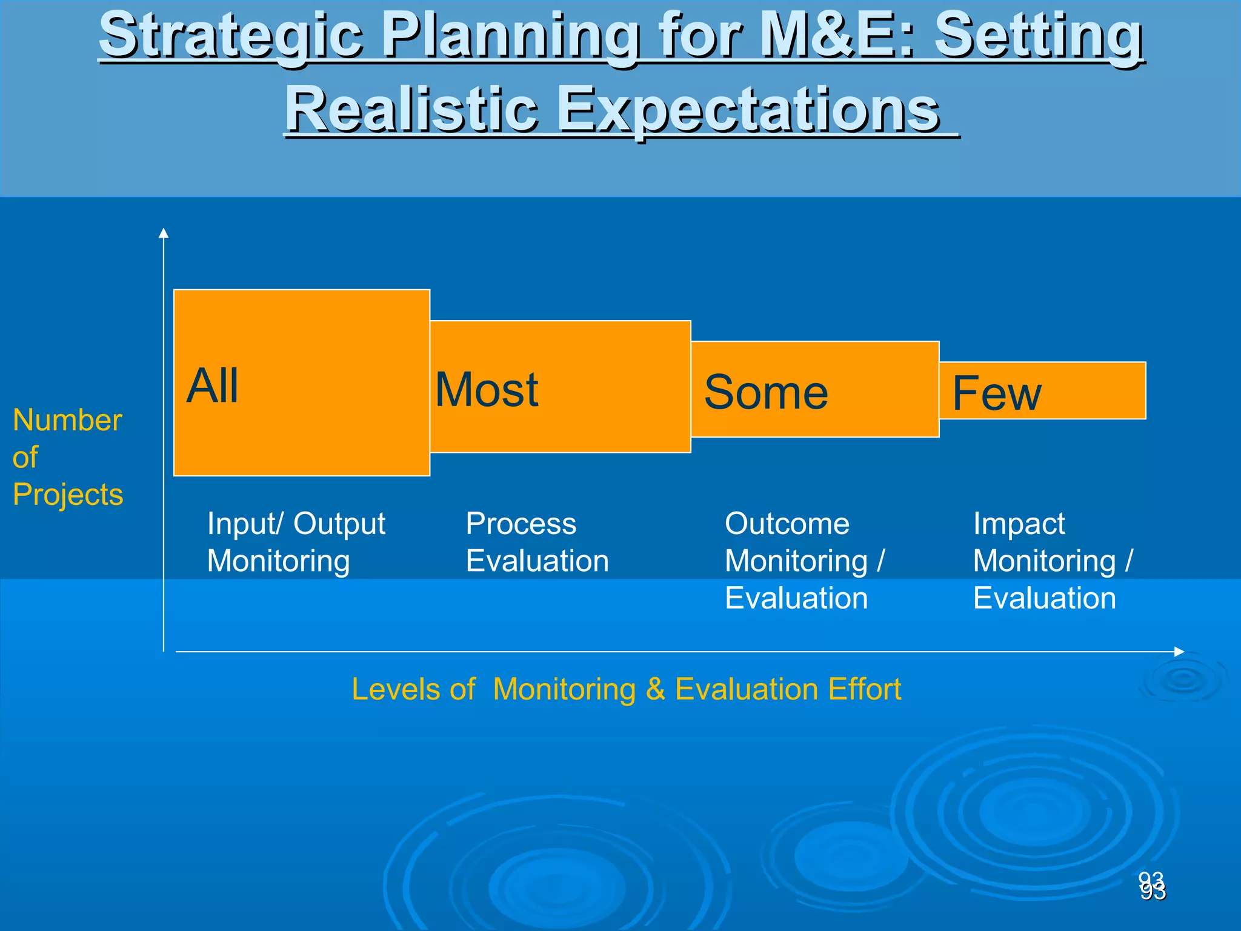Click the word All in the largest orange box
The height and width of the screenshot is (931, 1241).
(212, 385)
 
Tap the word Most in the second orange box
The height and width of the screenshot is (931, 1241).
(487, 390)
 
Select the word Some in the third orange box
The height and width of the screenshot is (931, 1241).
(766, 393)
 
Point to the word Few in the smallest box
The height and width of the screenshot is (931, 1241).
(997, 394)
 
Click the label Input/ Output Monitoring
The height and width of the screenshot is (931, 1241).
(296, 542)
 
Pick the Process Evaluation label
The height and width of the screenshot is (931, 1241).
(537, 542)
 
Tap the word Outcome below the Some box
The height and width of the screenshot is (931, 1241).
(787, 524)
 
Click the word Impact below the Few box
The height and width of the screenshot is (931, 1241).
(1019, 524)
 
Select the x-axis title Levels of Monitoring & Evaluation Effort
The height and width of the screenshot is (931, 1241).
(626, 689)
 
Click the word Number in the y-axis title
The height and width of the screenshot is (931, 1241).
(67, 420)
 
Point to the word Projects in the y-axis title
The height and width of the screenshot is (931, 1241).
(68, 495)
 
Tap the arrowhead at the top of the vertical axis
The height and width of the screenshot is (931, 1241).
(163, 233)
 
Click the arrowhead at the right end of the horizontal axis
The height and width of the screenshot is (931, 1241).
(1179, 652)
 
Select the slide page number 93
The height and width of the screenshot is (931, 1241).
(1152, 886)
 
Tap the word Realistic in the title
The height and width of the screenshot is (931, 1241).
(411, 109)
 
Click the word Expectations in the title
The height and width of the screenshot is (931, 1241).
(748, 109)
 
